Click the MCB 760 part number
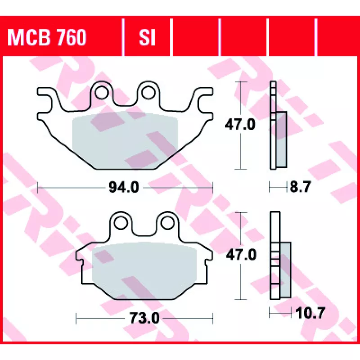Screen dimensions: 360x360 pyautogui.click(x=47, y=37)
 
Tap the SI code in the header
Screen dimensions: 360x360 pyautogui.click(x=147, y=37)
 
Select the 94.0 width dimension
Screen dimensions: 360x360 pyautogui.click(x=124, y=187)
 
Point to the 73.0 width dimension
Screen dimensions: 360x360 pyautogui.click(x=144, y=318)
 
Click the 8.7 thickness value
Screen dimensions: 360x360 pyautogui.click(x=300, y=187)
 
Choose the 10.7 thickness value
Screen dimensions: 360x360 pyautogui.click(x=310, y=313)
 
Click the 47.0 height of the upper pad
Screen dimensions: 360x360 pyautogui.click(x=240, y=125)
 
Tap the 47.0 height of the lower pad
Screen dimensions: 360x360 pyautogui.click(x=241, y=255)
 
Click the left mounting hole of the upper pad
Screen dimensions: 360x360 pyautogui.click(x=102, y=93)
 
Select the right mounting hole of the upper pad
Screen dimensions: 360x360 pyautogui.click(x=148, y=93)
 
